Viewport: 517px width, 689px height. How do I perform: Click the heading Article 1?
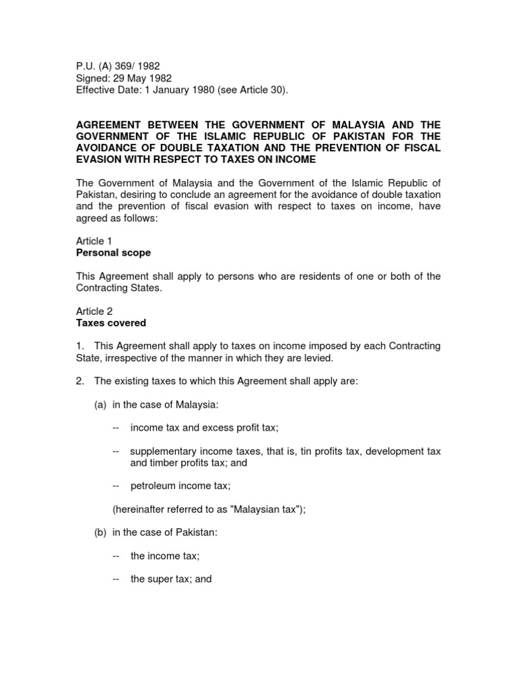pyautogui.click(x=90, y=241)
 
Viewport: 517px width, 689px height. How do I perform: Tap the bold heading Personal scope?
pyautogui.click(x=113, y=253)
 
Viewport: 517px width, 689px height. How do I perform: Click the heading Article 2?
pyautogui.click(x=90, y=311)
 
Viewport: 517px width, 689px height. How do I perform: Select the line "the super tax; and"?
pyautogui.click(x=171, y=579)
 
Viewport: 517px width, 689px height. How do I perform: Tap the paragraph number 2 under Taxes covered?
pyautogui.click(x=79, y=381)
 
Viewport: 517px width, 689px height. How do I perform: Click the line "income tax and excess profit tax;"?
pyautogui.click(x=204, y=427)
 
